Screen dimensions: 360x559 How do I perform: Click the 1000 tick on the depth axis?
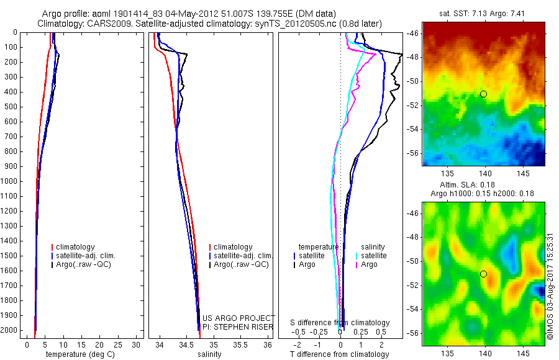(10, 181)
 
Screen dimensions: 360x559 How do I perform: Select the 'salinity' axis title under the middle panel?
(208, 354)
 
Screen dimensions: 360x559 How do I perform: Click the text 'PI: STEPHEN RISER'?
(238, 326)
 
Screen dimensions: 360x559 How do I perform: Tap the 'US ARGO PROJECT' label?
(239, 318)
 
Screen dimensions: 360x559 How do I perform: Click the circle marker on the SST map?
(483, 94)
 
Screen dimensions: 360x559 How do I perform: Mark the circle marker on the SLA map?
(483, 274)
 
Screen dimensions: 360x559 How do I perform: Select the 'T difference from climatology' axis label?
(339, 354)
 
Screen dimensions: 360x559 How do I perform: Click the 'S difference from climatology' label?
(340, 323)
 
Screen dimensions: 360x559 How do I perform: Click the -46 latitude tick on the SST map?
(412, 34)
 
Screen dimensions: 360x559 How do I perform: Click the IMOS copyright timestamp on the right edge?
(550, 288)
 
